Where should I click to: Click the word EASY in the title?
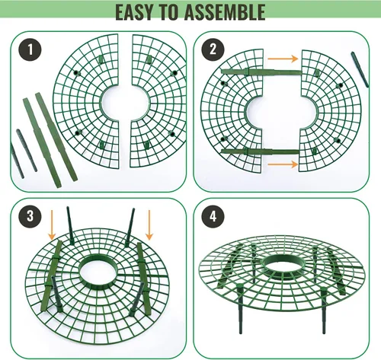click(x=135, y=12)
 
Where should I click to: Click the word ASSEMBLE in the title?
click(x=225, y=12)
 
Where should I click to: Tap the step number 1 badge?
click(x=30, y=49)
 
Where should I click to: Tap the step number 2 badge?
click(x=213, y=49)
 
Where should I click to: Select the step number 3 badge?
click(x=30, y=216)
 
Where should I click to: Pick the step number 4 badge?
click(x=213, y=216)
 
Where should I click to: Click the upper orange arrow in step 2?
click(x=283, y=59)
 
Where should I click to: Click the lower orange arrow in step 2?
click(x=283, y=164)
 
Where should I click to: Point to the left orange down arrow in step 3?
click(x=52, y=225)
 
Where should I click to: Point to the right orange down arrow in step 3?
click(x=149, y=225)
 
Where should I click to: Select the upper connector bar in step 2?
click(x=261, y=72)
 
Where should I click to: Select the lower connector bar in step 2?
click(x=261, y=151)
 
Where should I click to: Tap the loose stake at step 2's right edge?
click(x=360, y=69)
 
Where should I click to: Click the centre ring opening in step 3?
click(x=98, y=272)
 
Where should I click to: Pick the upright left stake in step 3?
click(x=70, y=225)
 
